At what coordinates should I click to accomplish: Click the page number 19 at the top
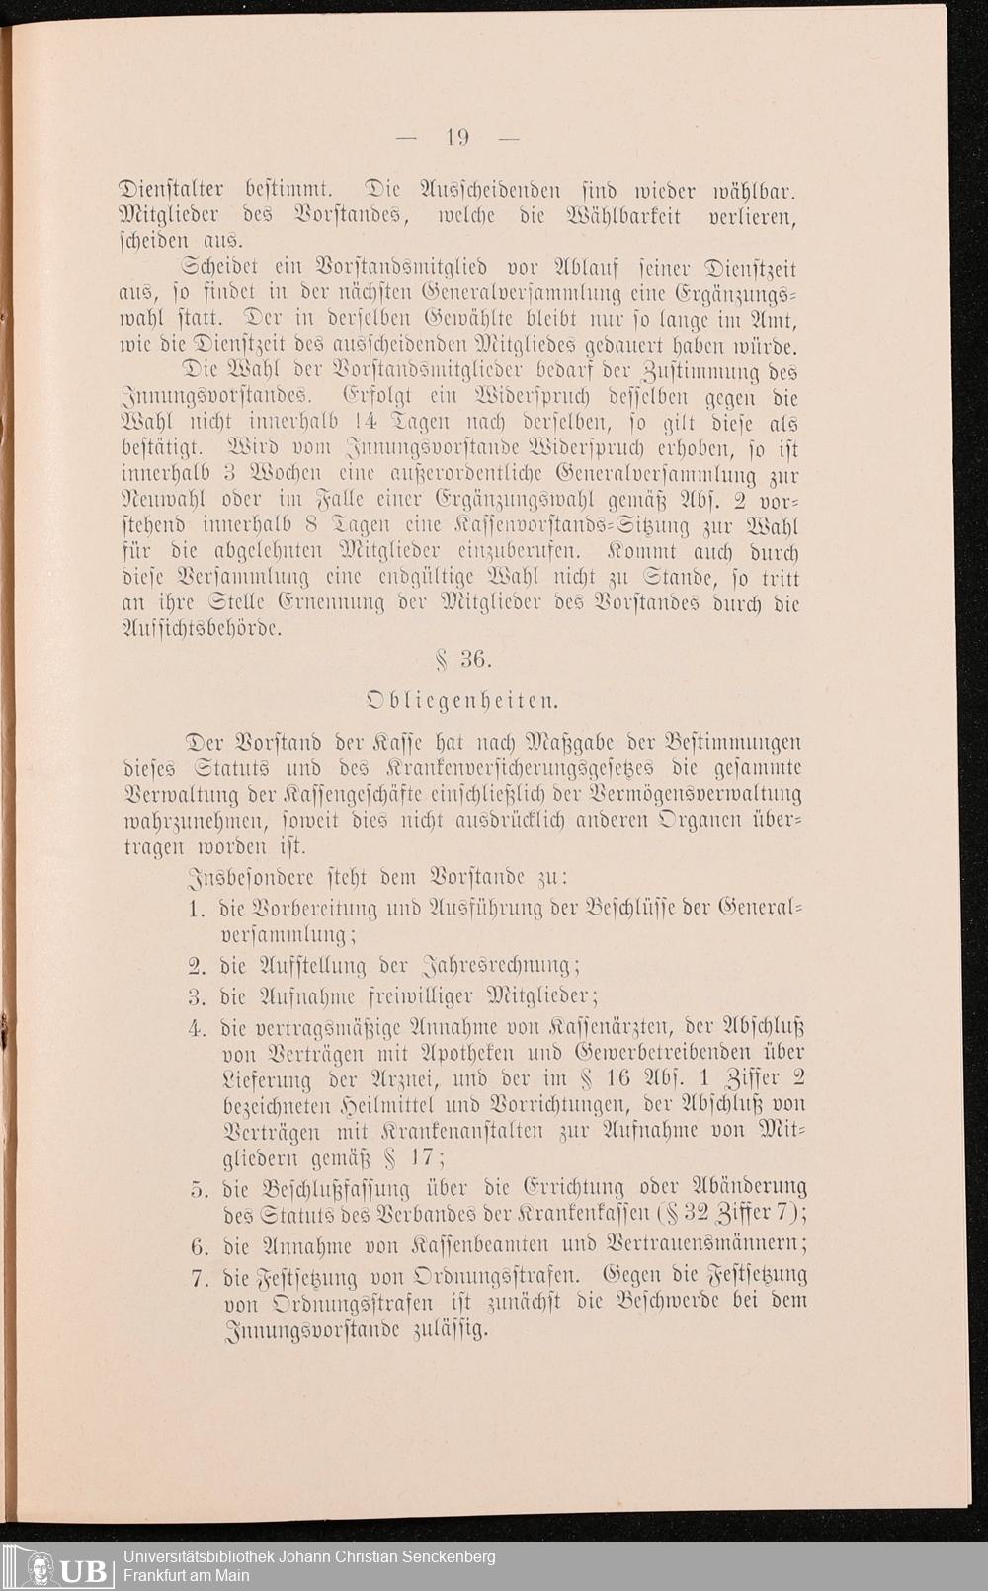pyautogui.click(x=457, y=138)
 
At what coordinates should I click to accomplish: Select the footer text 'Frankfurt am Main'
pyautogui.click(x=186, y=1575)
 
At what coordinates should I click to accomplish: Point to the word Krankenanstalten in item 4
pyautogui.click(x=456, y=1131)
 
